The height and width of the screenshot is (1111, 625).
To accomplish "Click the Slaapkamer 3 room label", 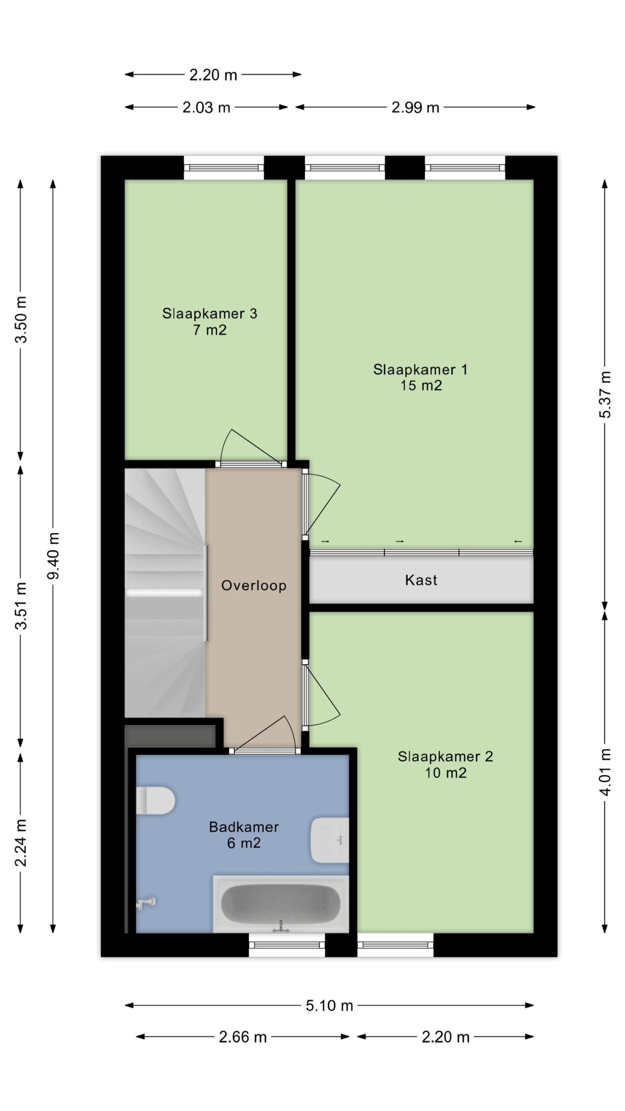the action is click(x=210, y=313).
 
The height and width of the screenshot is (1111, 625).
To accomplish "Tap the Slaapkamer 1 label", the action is click(x=421, y=369).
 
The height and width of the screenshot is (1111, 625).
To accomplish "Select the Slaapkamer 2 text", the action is click(x=445, y=756).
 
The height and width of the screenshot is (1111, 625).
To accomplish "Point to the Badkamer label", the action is click(x=244, y=827).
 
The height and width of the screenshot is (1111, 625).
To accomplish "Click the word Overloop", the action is click(x=254, y=585).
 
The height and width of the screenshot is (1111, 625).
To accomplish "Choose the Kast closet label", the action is click(x=421, y=580).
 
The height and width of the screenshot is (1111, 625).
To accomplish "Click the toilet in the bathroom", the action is click(x=155, y=800).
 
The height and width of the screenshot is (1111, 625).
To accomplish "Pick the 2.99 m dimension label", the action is click(x=415, y=107).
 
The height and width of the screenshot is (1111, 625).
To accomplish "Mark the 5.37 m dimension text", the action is click(x=605, y=394).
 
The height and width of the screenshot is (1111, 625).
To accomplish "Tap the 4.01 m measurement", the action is click(x=605, y=772).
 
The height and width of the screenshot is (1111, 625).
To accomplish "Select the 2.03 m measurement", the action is click(x=206, y=107).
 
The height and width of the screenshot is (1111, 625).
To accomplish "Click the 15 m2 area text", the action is click(x=421, y=385).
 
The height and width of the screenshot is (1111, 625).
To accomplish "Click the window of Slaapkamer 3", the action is click(x=224, y=168).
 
